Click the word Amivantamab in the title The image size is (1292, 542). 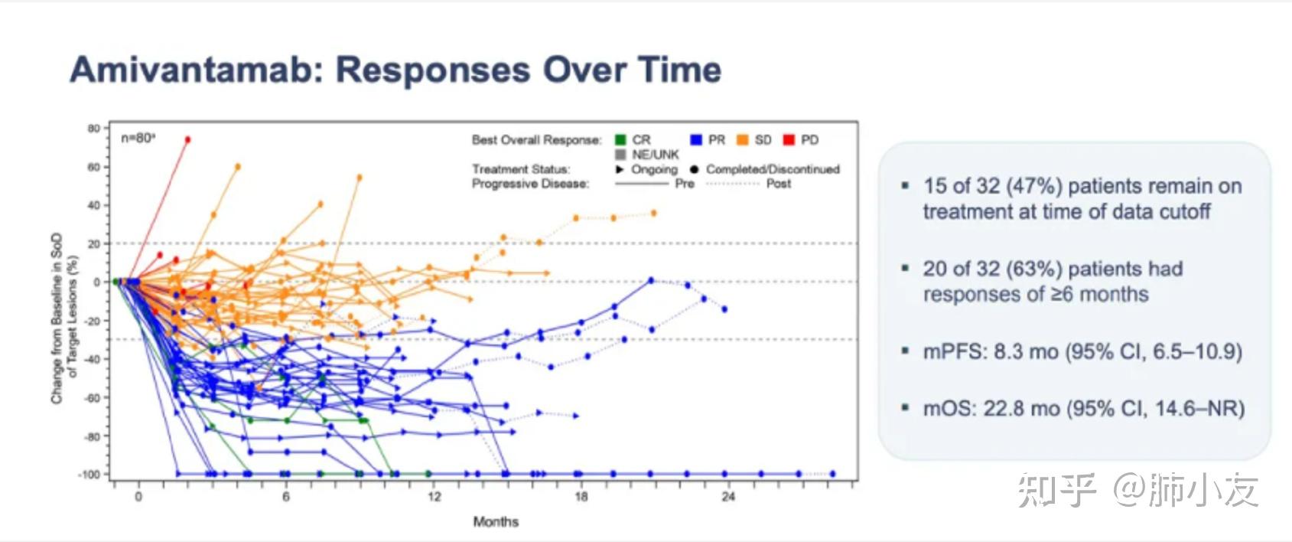coord(191,70)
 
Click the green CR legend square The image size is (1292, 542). coord(620,140)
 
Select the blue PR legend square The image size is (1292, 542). coord(696,140)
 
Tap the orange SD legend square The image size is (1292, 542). coord(742,140)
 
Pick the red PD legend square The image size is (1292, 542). coord(789,140)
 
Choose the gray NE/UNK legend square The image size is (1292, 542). coord(620,155)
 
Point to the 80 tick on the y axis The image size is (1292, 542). coord(93,129)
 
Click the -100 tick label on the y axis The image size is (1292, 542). coord(89,475)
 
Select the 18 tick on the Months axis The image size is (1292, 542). coord(581,497)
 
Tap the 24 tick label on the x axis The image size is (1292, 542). coord(728,497)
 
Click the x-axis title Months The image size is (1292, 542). coord(496,522)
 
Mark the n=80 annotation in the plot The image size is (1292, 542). coord(138,139)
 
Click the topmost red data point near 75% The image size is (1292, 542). coord(187,139)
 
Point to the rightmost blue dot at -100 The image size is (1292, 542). coord(832,474)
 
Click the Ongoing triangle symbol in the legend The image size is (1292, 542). coord(620,169)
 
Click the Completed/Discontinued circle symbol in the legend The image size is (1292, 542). coord(694,169)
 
